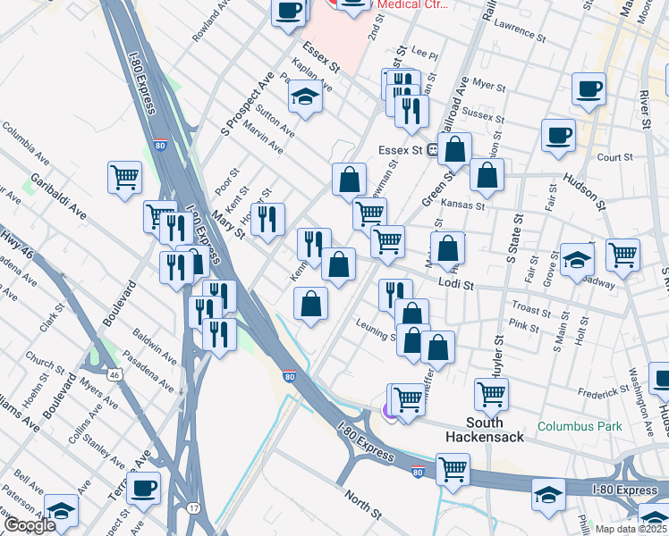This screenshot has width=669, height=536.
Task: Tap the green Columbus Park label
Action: coord(580,426)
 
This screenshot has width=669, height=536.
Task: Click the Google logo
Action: coord(29,525)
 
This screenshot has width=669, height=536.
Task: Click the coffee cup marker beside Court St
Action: coord(558,135)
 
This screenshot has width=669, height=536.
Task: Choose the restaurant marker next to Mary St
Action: coord(267,219)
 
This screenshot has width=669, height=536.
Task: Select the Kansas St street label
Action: coord(466,205)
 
